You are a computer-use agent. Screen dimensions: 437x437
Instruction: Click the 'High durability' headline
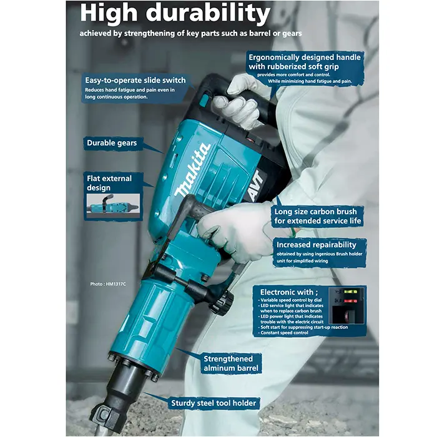pos(175,13)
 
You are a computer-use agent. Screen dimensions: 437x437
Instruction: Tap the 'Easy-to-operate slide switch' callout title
pos(135,81)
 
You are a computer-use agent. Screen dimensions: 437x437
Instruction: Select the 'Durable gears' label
pos(112,143)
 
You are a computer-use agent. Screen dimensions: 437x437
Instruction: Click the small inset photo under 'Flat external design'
pos(113,205)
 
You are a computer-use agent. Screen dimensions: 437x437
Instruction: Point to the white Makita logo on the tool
pos(192,170)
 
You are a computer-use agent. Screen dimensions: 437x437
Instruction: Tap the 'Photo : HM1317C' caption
pos(108,284)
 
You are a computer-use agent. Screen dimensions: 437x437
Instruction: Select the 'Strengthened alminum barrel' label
pos(231,363)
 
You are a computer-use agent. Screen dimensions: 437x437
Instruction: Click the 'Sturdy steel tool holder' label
pos(214,403)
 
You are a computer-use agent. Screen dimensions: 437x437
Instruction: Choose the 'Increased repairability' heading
pos(317,245)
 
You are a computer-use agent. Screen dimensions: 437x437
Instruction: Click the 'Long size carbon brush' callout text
pos(318,216)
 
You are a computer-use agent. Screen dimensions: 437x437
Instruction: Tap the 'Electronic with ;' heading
pos(288,292)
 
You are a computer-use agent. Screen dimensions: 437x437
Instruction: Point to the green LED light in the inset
pos(351,292)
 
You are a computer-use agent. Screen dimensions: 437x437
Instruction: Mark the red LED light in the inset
pos(351,301)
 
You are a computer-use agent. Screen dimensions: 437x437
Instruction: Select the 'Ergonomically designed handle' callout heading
pos(305,57)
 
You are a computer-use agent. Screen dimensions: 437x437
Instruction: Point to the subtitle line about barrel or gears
pos(190,34)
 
